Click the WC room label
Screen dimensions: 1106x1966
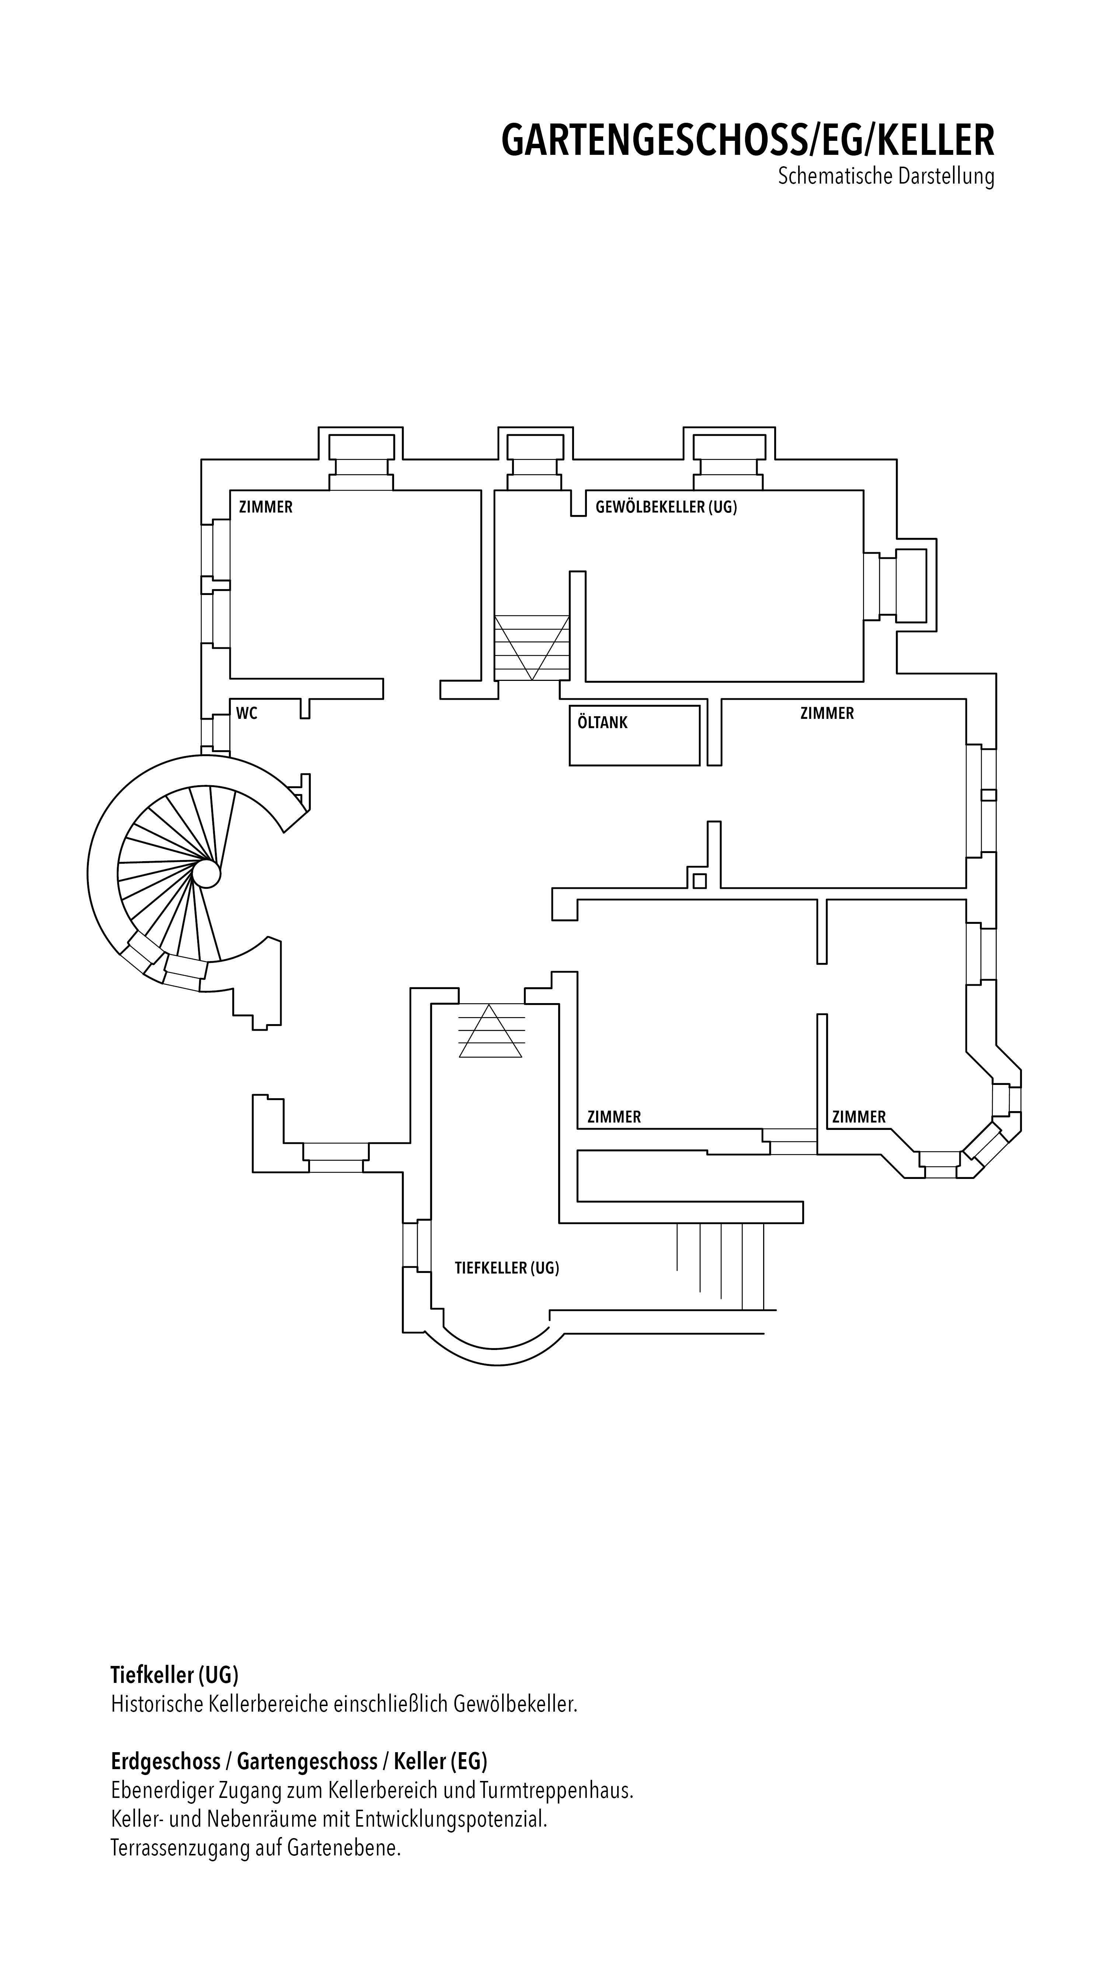[247, 714]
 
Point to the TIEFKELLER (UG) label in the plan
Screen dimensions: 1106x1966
[507, 1268]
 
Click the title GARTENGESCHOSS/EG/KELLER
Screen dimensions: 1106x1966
[748, 140]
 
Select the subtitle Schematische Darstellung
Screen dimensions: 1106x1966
[886, 176]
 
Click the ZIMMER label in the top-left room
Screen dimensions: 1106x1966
[265, 507]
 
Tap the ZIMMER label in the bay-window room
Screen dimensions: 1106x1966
[859, 1117]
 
